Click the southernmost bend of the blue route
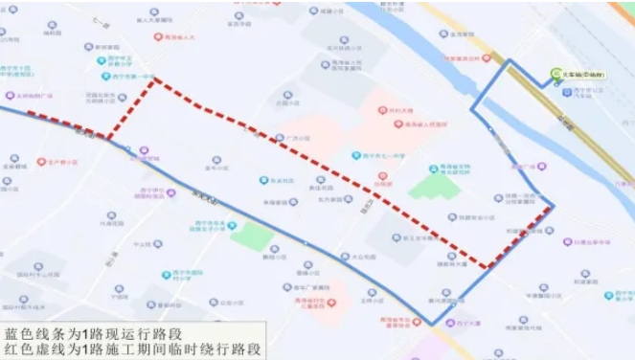point(433,324)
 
